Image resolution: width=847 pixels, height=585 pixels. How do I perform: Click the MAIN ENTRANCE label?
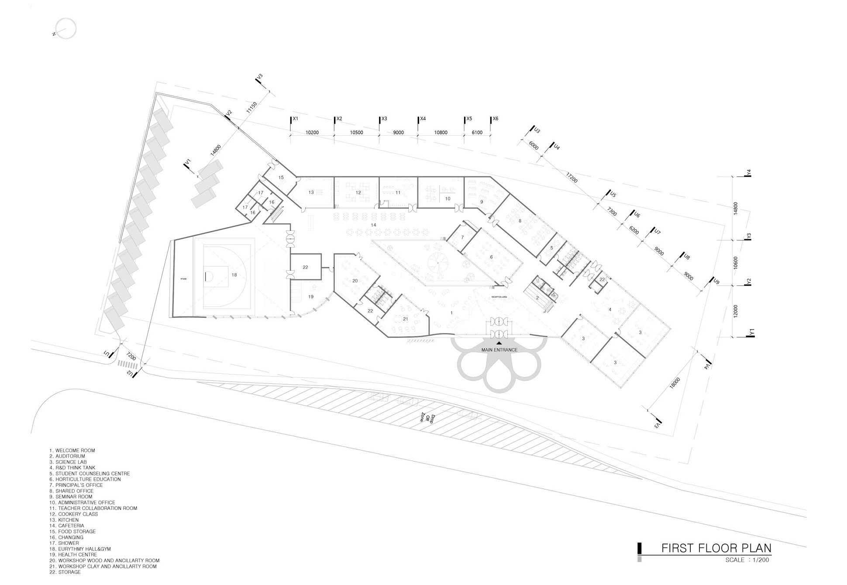[x=499, y=350]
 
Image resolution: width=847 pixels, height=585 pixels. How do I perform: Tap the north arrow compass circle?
[x=66, y=28]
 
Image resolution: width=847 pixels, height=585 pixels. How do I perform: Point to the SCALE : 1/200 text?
[x=747, y=560]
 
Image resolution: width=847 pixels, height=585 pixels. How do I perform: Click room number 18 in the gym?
[x=234, y=275]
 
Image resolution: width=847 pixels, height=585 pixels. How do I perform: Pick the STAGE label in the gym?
[x=183, y=279]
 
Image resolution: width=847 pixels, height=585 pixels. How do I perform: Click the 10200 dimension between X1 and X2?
[x=312, y=133]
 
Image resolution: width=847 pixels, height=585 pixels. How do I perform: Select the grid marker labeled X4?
[x=422, y=119]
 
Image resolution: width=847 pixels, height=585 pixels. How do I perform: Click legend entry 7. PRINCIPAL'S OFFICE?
[x=76, y=485]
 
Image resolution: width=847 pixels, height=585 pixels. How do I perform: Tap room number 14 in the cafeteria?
[x=373, y=225]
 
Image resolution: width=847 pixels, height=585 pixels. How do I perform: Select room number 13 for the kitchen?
[x=311, y=192]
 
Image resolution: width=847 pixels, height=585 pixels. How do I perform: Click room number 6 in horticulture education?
[x=491, y=257]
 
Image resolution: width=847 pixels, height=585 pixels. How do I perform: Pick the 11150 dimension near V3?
[x=251, y=107]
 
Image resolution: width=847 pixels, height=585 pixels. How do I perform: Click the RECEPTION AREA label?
[x=499, y=297]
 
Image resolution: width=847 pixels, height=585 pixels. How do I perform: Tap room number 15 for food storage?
[x=281, y=178]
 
